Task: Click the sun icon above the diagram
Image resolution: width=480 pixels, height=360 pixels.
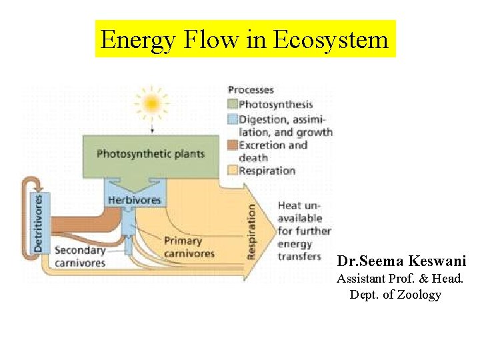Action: tap(151, 103)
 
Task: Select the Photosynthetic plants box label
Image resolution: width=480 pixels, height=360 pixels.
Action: tap(151, 154)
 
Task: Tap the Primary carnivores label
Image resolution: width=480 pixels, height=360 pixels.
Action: tap(189, 247)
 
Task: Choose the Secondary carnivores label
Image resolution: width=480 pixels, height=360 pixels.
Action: tap(79, 256)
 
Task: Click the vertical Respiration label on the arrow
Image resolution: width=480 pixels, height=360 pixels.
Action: tap(252, 231)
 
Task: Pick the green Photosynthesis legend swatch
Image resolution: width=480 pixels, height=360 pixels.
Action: tap(232, 104)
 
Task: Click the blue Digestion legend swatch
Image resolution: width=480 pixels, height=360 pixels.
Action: tap(232, 119)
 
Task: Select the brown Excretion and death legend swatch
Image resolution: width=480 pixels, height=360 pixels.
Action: tap(232, 145)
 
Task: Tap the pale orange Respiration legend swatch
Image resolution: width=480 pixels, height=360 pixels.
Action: tap(232, 170)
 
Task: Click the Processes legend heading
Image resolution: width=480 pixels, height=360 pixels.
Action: tap(251, 90)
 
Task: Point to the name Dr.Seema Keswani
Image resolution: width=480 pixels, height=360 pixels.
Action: tap(401, 261)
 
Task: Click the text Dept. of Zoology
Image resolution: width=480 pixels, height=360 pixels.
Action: tap(395, 295)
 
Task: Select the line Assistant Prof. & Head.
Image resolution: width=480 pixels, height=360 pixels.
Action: tap(400, 279)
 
